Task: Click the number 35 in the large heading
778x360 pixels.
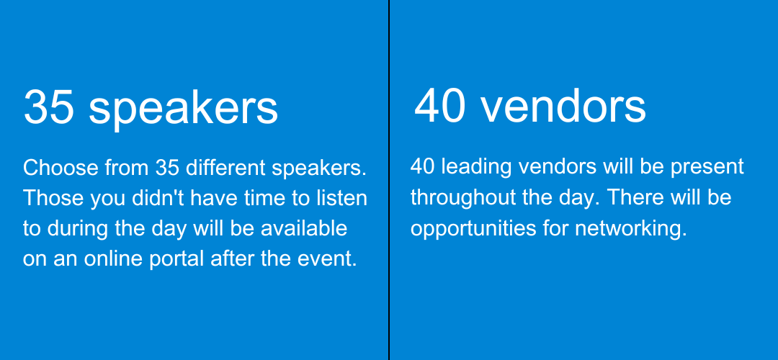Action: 49,107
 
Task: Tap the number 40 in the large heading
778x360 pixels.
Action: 439,107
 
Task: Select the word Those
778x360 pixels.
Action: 53,198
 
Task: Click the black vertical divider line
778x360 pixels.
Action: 389,180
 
